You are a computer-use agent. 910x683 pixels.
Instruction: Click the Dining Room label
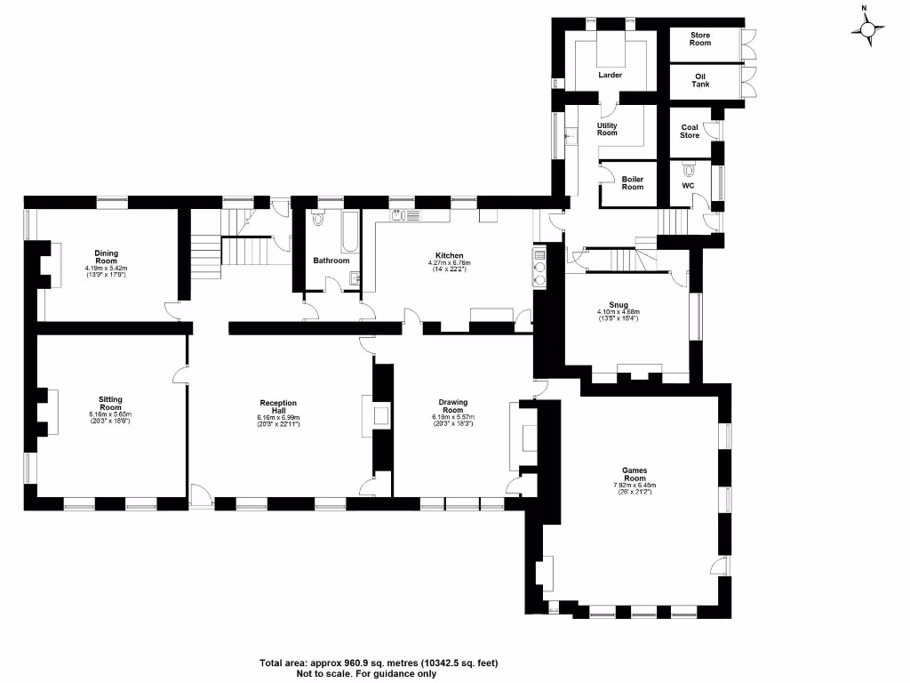pyautogui.click(x=107, y=256)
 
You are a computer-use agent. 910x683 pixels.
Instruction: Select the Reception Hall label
pyautogui.click(x=278, y=406)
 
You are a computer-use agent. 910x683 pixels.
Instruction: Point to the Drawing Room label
pyautogui.click(x=453, y=406)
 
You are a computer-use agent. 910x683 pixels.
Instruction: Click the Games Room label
pyautogui.click(x=635, y=473)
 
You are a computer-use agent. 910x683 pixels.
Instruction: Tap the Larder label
pyautogui.click(x=610, y=75)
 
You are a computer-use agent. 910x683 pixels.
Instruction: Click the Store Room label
pyautogui.click(x=701, y=38)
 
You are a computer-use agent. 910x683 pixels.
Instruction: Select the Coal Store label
pyautogui.click(x=690, y=131)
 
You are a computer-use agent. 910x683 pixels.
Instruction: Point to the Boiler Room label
pyautogui.click(x=632, y=182)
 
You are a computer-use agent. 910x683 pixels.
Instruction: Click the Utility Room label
pyautogui.click(x=607, y=129)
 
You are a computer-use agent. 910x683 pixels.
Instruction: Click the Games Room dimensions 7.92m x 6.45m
pyautogui.click(x=635, y=485)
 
